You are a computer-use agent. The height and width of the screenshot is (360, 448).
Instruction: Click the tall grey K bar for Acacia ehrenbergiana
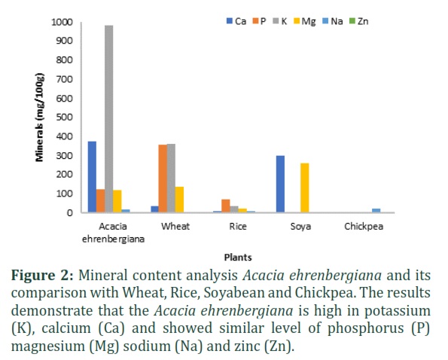pos(109,119)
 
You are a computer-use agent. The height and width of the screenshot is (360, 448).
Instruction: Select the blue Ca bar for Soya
pos(281,184)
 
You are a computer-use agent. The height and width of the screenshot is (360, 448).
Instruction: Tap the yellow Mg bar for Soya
pos(305,188)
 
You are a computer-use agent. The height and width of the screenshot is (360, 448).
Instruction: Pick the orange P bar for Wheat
pos(163,178)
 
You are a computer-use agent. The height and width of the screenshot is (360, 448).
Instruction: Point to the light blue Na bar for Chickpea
pos(376,211)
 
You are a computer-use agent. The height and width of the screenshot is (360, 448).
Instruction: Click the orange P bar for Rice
pos(226,206)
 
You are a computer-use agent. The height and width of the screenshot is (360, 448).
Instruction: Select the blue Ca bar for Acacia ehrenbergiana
pos(92,177)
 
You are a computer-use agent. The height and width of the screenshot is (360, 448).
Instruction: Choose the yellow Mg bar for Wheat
pos(179,200)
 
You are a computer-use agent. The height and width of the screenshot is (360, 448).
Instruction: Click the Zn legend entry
pos(359,21)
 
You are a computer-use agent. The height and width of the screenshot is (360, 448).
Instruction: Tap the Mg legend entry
pos(305,21)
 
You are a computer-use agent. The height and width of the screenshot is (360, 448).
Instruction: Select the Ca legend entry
pos(236,21)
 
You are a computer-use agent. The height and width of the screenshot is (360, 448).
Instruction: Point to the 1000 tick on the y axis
pos(62,22)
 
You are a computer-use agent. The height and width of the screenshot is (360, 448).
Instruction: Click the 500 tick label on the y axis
pos(65,117)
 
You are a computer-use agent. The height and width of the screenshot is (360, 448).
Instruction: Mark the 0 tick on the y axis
pos(70,213)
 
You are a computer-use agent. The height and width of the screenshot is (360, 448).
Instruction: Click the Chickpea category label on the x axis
pos(364,227)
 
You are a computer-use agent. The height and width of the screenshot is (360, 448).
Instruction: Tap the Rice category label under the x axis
pos(238,226)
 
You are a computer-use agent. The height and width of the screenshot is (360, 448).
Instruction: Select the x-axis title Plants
pos(238,258)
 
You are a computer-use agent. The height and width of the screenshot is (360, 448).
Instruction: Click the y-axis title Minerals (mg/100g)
pos(40,117)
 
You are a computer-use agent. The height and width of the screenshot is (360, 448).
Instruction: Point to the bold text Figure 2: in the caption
pos(42,276)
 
